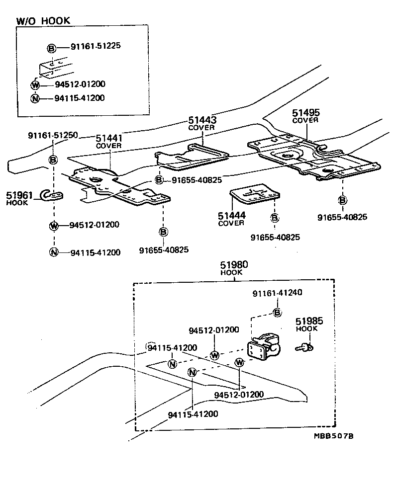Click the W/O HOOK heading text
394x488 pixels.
43,20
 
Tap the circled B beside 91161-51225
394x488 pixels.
51,48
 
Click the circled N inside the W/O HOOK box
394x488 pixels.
35,98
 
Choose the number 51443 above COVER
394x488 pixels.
201,120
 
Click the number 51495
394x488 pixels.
305,113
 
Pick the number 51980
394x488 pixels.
231,265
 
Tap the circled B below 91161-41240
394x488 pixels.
277,312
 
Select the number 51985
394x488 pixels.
306,322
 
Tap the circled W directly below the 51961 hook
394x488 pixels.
53,226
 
